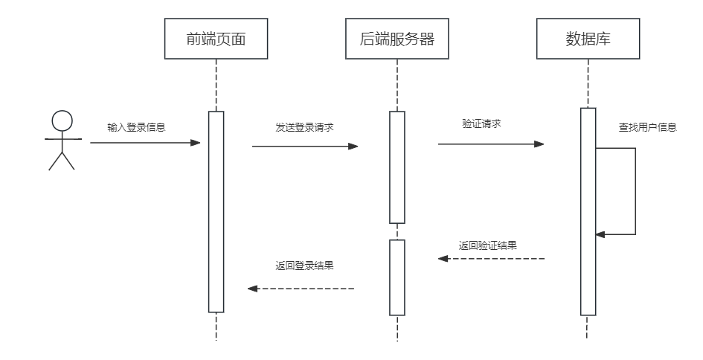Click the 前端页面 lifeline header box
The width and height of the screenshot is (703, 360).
[216, 40]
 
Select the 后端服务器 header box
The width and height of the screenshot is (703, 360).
[397, 40]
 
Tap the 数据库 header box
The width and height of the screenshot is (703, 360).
[588, 40]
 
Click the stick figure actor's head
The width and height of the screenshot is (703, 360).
[62, 121]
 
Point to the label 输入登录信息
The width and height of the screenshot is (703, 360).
[136, 127]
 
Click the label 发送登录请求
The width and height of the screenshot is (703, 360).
[304, 127]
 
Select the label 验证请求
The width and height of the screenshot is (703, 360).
[481, 123]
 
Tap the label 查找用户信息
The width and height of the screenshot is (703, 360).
[647, 127]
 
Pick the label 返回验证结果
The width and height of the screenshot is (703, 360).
[488, 245]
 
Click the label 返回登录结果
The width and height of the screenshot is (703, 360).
[304, 265]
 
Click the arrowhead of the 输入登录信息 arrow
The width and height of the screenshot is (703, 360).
[196, 142]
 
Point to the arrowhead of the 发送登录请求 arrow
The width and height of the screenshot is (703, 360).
[354, 147]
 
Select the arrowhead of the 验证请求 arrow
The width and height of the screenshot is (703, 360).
[540, 144]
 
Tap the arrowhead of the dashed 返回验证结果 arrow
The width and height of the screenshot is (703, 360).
[443, 259]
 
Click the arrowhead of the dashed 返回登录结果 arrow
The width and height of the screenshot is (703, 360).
[252, 289]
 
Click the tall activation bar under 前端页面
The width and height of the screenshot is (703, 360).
[216, 212]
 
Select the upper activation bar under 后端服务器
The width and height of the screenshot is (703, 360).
[397, 167]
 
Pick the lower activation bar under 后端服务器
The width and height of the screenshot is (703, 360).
[397, 277]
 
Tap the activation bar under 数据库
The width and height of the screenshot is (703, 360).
[588, 212]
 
